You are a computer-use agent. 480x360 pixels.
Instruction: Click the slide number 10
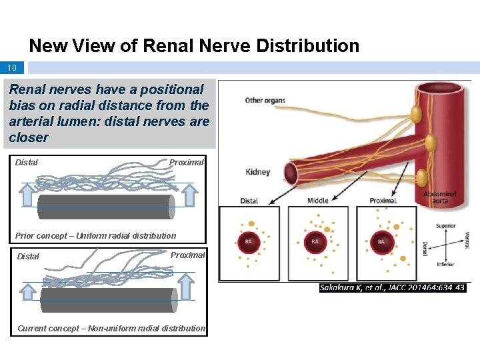(x=12, y=68)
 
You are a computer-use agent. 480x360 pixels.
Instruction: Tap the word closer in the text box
(x=29, y=137)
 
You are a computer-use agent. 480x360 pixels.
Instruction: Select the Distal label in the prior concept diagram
(x=27, y=162)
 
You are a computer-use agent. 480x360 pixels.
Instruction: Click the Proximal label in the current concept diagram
(x=187, y=255)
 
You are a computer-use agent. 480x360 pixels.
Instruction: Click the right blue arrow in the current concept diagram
(x=186, y=287)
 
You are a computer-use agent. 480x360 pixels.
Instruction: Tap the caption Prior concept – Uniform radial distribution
(x=95, y=235)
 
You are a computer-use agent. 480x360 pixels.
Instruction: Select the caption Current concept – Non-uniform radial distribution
(x=111, y=328)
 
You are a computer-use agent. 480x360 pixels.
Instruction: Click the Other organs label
(x=265, y=101)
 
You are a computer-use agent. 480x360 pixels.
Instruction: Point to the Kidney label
(x=257, y=172)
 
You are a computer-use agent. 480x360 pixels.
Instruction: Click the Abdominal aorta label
(x=440, y=198)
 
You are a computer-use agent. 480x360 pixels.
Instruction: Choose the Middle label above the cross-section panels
(x=318, y=201)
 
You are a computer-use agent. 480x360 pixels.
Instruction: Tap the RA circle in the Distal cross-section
(x=249, y=242)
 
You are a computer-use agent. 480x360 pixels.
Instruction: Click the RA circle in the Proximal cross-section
(x=381, y=242)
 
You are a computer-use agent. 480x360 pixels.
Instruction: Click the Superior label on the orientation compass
(x=446, y=226)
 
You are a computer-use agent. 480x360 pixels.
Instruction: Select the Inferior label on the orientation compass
(x=445, y=265)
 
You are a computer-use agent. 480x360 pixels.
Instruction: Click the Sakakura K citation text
(x=393, y=287)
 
